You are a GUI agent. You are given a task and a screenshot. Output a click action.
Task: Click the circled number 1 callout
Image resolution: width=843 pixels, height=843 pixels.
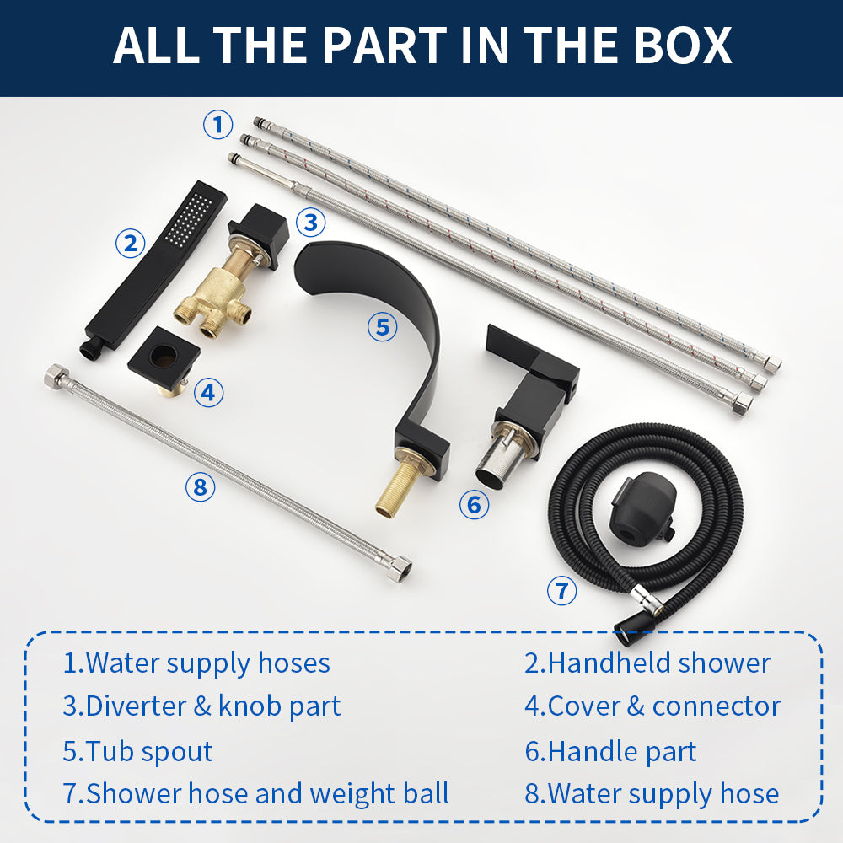click(217, 125)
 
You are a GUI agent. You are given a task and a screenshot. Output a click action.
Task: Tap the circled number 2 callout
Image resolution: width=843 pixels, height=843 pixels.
click(131, 243)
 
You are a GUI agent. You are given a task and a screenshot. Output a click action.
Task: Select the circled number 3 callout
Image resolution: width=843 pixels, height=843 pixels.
click(311, 222)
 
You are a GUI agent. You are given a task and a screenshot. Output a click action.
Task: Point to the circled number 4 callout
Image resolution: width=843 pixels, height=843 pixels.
click(208, 393)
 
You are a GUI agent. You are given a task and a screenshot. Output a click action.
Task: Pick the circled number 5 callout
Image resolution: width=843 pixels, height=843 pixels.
click(382, 326)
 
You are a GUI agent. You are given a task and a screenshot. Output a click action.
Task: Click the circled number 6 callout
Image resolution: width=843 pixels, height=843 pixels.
click(474, 504)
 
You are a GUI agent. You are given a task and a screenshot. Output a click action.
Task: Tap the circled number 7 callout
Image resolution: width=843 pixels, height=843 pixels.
click(561, 590)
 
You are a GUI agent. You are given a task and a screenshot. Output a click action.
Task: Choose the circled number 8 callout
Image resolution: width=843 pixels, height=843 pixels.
click(200, 487)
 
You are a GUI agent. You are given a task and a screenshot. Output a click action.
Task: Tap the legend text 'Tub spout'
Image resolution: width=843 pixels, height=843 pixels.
click(149, 751)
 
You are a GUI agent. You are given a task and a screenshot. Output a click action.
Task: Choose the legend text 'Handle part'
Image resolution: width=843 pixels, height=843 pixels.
click(622, 751)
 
